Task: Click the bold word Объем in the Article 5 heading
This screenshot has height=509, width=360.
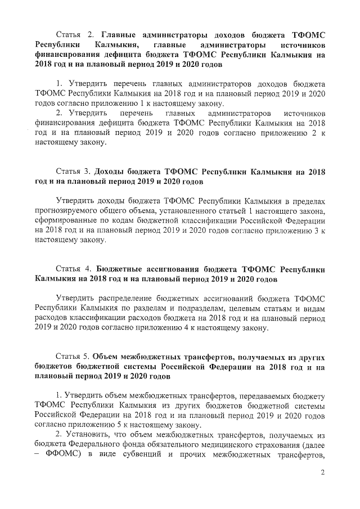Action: [106, 356]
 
